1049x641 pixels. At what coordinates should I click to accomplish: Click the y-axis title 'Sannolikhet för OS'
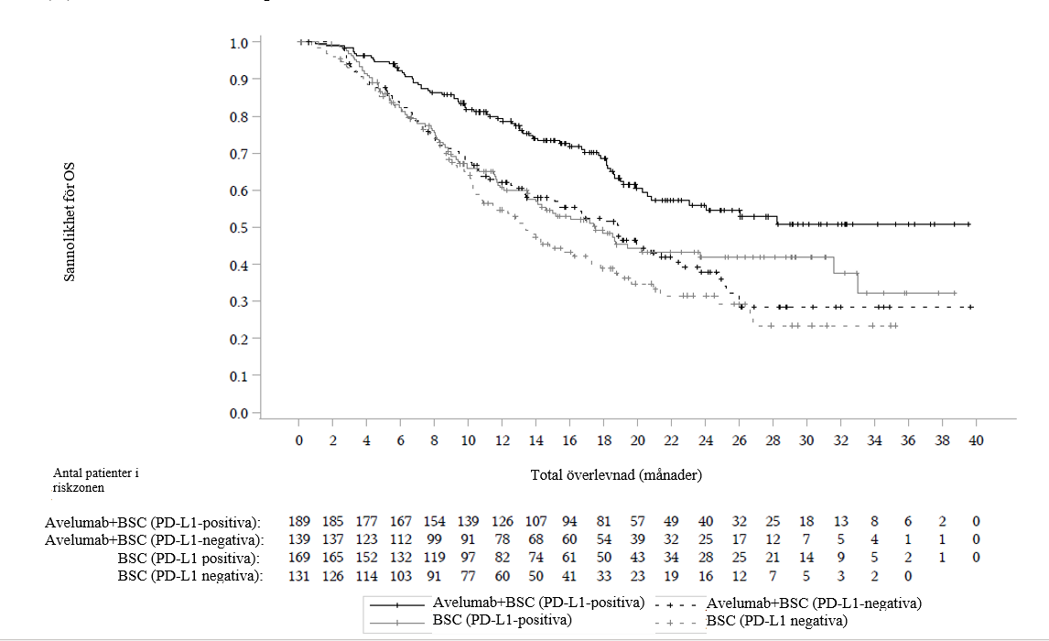[x=70, y=223]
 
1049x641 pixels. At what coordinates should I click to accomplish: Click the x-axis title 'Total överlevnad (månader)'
[x=616, y=476]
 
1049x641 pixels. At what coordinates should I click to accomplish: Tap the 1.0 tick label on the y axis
[x=239, y=43]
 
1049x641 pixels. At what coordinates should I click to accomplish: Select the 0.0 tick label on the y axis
[x=239, y=414]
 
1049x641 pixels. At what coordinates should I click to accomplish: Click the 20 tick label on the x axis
[x=638, y=440]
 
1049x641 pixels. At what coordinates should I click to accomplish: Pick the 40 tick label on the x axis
[x=976, y=440]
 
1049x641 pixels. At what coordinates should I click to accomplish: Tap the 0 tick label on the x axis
[x=299, y=440]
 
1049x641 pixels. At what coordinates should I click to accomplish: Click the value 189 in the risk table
[x=299, y=521]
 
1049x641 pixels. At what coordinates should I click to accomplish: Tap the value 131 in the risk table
[x=299, y=576]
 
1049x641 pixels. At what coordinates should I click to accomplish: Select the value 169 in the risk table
[x=299, y=558]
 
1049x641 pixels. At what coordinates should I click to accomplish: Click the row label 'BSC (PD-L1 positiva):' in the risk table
[x=189, y=558]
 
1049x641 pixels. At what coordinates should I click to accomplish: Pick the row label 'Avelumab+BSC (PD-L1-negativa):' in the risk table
[x=154, y=539]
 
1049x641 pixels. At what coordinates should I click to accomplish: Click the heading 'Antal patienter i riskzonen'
[x=96, y=481]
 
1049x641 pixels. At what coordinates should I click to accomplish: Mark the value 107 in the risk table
[x=535, y=521]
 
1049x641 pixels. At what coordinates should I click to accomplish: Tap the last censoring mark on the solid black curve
[x=968, y=224]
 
